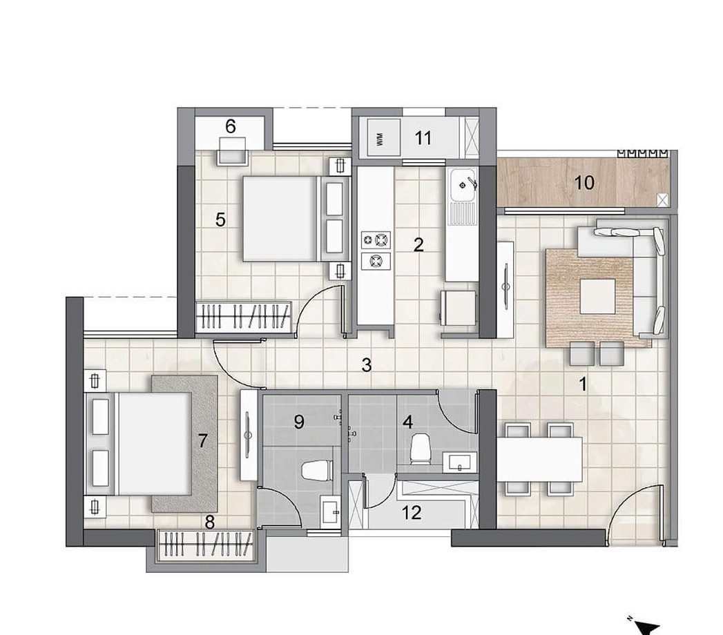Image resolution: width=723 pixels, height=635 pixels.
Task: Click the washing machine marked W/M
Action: coord(383,138)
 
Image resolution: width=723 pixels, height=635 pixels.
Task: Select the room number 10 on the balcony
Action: coord(584,183)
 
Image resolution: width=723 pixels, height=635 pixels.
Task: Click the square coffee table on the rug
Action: coord(597,296)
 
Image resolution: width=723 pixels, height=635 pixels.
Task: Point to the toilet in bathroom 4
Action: coord(420,448)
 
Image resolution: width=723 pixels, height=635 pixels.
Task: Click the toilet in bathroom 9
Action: coord(318,471)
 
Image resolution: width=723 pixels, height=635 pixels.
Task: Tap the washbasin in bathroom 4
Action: coord(460,462)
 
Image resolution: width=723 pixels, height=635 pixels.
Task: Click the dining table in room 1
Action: coord(539,460)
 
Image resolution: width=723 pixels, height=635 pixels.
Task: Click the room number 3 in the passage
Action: coord(367,365)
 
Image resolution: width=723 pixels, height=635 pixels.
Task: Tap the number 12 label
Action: coord(412,512)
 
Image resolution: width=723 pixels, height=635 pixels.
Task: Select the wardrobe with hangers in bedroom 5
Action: coord(244,317)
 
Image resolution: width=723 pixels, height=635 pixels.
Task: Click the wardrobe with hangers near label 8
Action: coord(206,545)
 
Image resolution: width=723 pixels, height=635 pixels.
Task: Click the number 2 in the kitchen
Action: coord(418,245)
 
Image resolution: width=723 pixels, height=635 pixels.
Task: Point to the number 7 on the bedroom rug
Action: coord(202,441)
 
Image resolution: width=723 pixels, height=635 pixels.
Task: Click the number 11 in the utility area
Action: coord(423,138)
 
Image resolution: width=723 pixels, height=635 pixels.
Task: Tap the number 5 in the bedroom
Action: coord(220,219)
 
